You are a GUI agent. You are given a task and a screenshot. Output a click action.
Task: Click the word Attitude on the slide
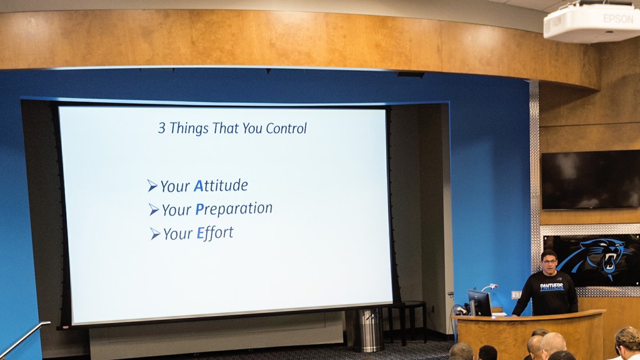coord(221,186)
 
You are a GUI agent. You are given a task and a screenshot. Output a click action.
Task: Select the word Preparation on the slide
coord(234,209)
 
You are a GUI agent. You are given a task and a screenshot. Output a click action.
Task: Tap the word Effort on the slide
coord(215,233)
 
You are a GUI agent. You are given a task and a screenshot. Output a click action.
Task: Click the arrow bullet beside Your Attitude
coord(153,186)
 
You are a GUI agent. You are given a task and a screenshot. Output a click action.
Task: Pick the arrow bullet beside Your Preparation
coord(154,210)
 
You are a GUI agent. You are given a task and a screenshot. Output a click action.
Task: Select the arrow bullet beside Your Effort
coord(155,234)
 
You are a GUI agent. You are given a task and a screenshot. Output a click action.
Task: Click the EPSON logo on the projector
coord(618,19)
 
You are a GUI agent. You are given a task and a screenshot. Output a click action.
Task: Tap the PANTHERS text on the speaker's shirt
coord(551,286)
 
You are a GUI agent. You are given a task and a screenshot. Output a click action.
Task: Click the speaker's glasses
coord(549,261)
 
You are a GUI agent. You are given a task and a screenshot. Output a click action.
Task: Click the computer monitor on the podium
coord(479,303)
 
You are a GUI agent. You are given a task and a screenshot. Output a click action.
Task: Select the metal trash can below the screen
coord(369,330)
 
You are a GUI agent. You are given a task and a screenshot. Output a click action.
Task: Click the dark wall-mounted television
coord(590,180)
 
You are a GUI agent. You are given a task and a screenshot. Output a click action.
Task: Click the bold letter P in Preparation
coord(199,210)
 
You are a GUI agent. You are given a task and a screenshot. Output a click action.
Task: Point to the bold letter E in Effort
coord(201,233)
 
